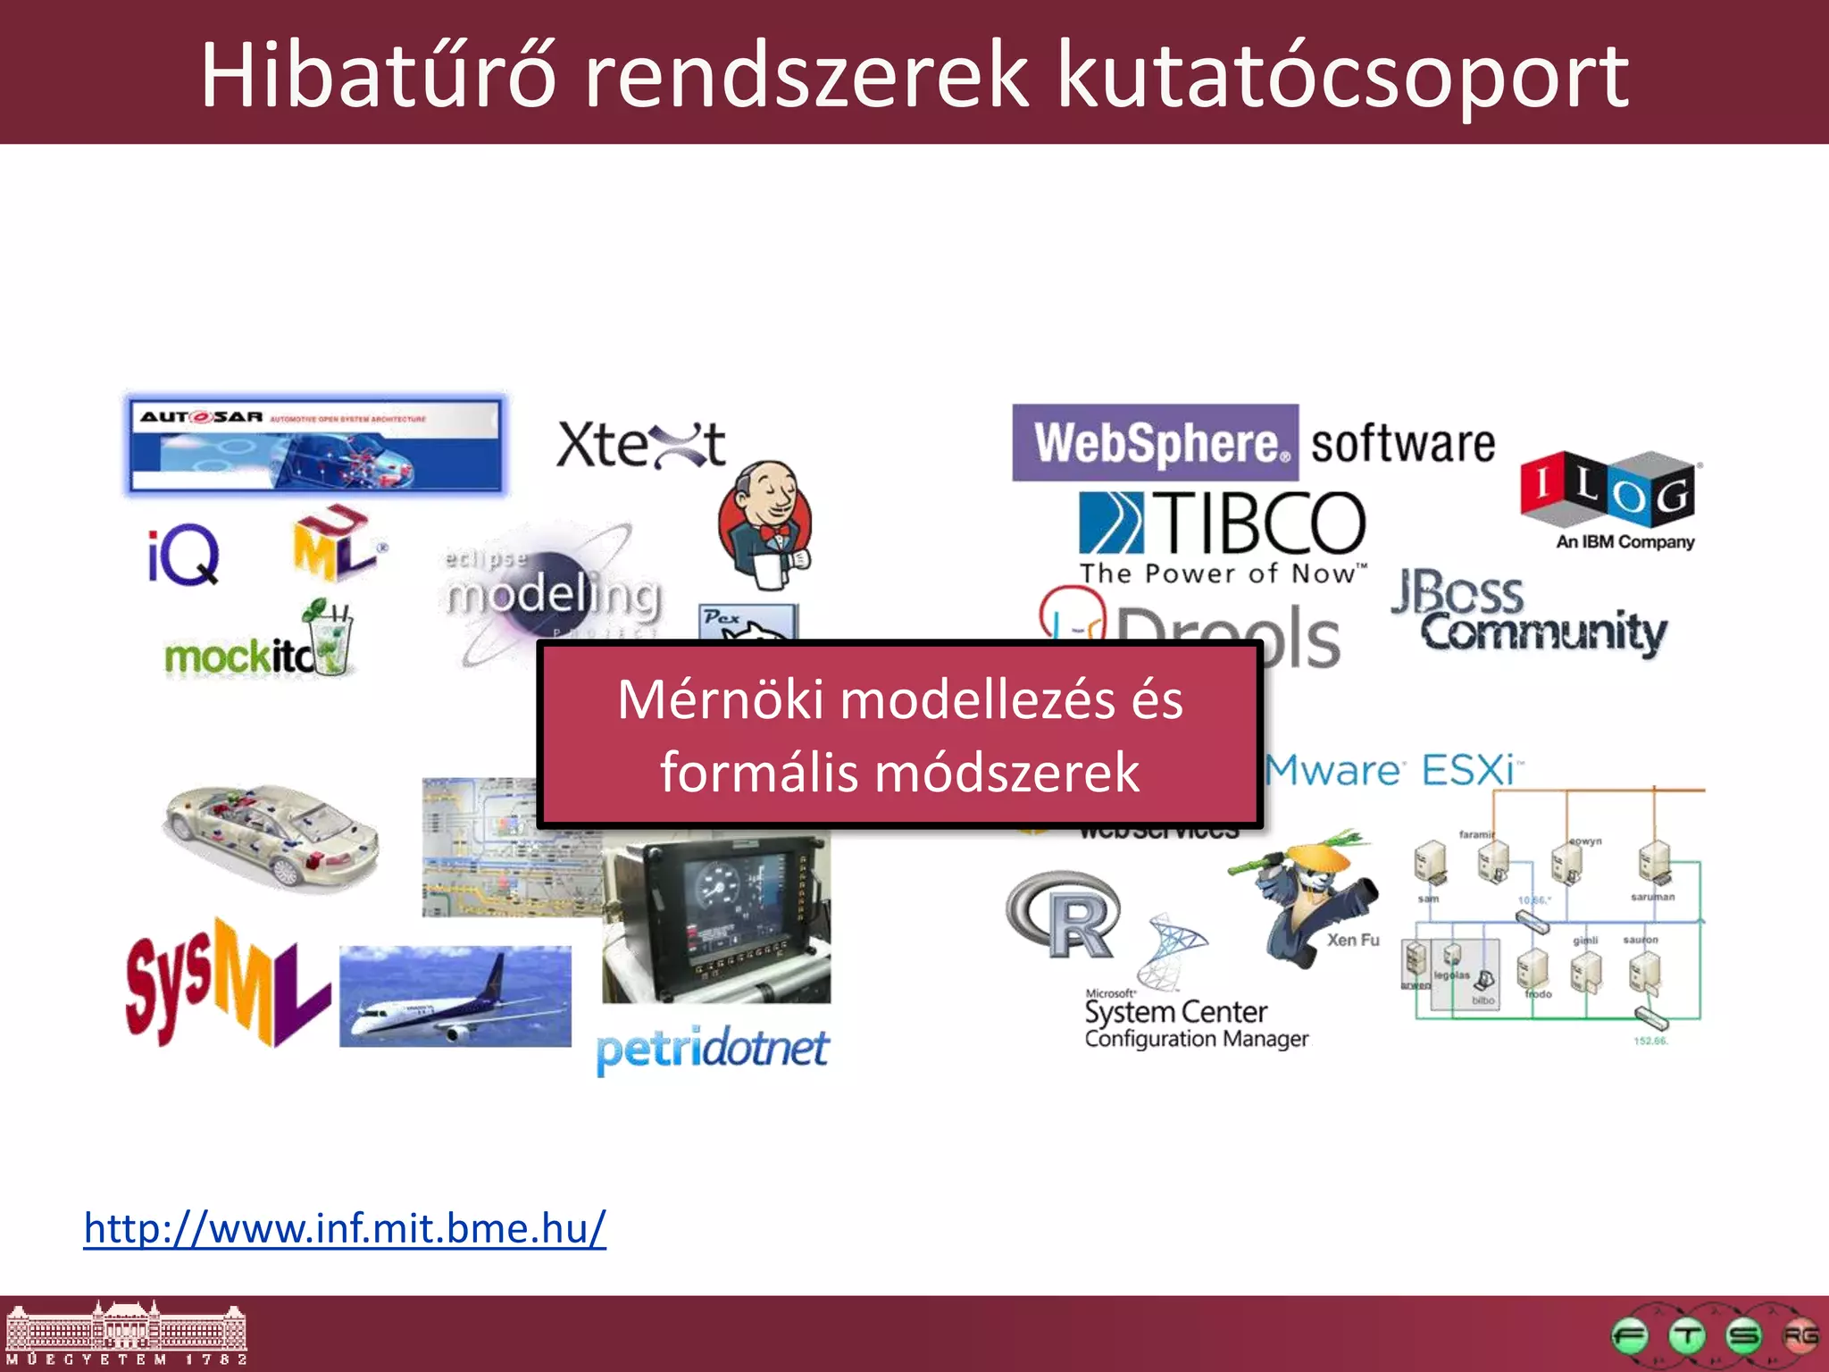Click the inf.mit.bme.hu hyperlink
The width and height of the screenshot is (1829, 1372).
[345, 1228]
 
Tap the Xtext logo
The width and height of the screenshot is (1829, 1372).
[640, 444]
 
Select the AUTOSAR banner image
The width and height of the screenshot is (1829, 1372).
[314, 444]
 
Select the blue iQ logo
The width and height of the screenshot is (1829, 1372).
[183, 555]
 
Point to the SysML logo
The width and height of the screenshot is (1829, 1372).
[227, 983]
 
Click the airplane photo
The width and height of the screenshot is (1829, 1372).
[455, 996]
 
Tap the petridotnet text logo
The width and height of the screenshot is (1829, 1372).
[713, 1050]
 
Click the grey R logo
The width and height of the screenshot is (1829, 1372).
[1063, 916]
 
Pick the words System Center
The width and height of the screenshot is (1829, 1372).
[1175, 1012]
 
